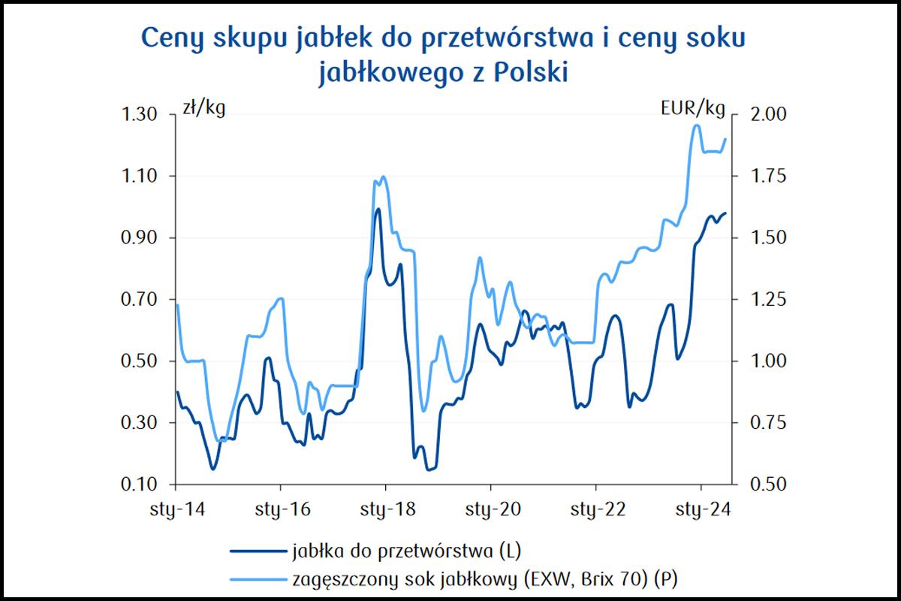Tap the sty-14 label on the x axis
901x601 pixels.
[x=175, y=510]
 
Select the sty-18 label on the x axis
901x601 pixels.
[x=385, y=510]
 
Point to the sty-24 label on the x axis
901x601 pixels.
[x=701, y=510]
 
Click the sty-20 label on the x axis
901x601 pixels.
[x=490, y=510]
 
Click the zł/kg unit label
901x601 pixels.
[x=203, y=109]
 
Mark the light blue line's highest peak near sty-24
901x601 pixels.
[x=695, y=125]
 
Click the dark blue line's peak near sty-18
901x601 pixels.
[x=378, y=209]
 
